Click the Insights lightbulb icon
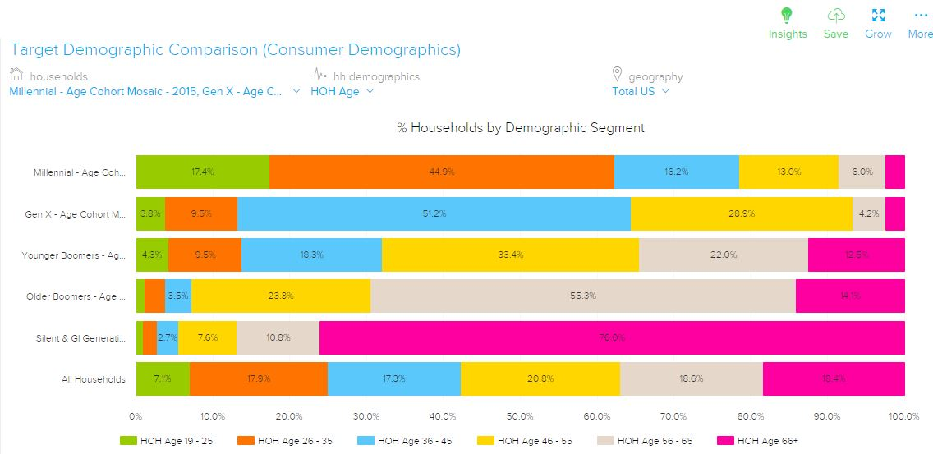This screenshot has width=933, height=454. [787, 16]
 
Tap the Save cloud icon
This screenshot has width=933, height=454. [835, 16]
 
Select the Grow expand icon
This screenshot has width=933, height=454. [878, 16]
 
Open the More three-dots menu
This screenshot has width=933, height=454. [920, 16]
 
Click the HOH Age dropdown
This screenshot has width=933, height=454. [342, 91]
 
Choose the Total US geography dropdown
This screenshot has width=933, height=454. [640, 91]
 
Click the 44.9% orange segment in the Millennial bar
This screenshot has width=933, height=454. [441, 172]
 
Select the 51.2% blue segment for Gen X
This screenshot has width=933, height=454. [434, 213]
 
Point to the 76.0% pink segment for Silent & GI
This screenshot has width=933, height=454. [612, 337]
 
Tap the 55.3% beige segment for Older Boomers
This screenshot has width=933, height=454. [582, 296]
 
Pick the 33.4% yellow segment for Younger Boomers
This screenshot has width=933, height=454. [510, 255]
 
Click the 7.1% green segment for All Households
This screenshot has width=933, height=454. [163, 378]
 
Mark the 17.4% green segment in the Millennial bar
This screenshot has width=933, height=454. [202, 172]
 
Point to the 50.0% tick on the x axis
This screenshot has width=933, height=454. [520, 417]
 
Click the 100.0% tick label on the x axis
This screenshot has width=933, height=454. [903, 417]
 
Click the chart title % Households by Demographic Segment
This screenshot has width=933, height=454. [521, 128]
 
